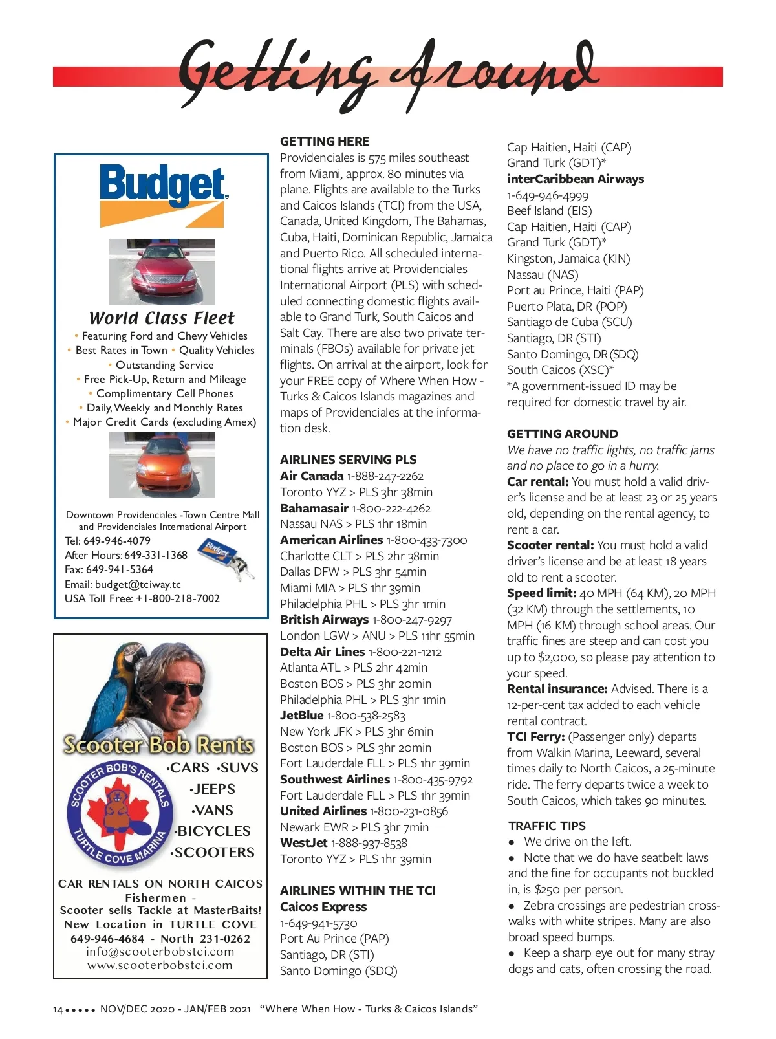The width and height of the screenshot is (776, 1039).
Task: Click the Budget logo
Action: coord(162,193)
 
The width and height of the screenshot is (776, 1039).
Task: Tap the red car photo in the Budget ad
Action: coord(162,272)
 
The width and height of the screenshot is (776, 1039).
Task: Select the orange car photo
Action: coord(162,465)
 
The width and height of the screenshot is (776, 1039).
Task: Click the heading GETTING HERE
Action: coord(325,141)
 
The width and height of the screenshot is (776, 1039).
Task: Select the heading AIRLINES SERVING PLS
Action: coord(348,460)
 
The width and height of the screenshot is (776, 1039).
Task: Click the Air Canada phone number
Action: coord(385,476)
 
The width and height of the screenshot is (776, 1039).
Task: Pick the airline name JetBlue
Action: coord(301,716)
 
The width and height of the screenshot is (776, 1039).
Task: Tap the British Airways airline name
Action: coord(324,620)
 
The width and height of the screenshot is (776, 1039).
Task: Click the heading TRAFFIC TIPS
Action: coord(547,826)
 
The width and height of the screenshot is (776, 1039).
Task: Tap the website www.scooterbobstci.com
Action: coord(160,965)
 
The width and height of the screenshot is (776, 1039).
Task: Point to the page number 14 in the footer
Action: coord(58,1009)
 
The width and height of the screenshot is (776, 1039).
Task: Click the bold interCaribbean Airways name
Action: coord(575,179)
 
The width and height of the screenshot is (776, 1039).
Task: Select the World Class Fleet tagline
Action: coord(162,318)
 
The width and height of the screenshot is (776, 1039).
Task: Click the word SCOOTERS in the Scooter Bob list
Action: coord(214,853)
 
